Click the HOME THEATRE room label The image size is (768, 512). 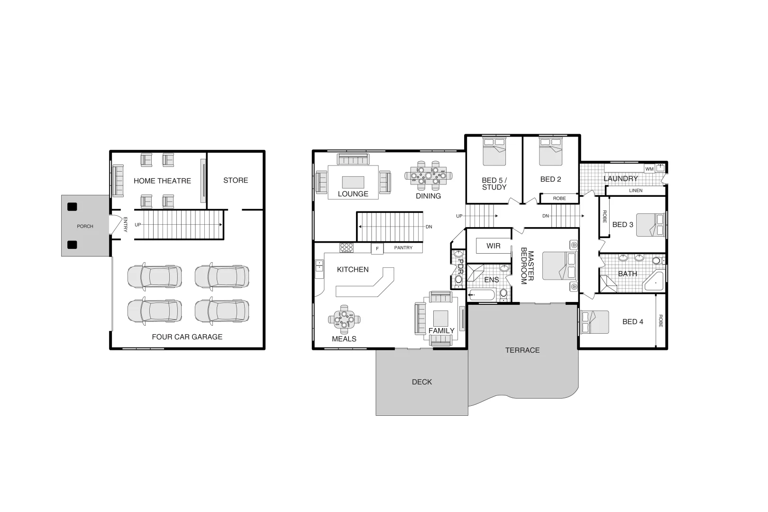coord(162,181)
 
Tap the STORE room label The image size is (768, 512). coord(236,180)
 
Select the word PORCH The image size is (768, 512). coord(85,226)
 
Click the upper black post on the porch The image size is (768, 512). coord(72,207)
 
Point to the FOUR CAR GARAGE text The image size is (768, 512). coord(187,337)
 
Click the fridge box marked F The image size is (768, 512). coord(377,248)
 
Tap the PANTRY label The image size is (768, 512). coord(403,247)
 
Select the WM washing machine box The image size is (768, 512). coord(649,169)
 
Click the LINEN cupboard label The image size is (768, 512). coord(636,191)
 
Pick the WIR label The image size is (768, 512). coord(493,246)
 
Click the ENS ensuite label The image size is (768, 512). coord(491,280)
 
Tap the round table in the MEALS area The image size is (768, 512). coord(344,319)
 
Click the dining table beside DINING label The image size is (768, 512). coord(428,175)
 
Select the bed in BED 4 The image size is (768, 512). coord(595,322)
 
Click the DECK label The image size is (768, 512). coord(421,382)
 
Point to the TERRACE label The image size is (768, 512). coord(522,350)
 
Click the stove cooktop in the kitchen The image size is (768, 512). coord(346,247)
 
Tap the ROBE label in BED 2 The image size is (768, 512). coord(559,198)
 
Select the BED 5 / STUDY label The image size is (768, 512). coord(494,183)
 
